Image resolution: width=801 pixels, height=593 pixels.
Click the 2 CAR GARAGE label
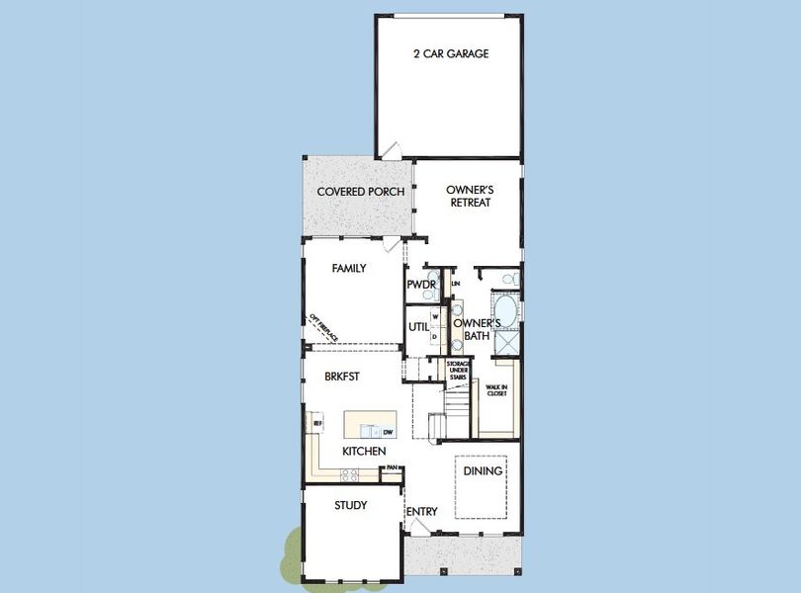(x=450, y=53)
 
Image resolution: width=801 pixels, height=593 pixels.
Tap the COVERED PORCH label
(x=360, y=192)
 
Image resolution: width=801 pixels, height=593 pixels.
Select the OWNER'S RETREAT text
(x=469, y=196)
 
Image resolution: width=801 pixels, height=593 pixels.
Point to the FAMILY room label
(x=349, y=268)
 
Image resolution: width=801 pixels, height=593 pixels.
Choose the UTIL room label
(x=417, y=328)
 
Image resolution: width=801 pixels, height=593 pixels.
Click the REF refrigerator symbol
(x=317, y=423)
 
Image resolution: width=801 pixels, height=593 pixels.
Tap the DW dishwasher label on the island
(x=389, y=433)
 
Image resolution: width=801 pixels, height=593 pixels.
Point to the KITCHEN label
(x=364, y=452)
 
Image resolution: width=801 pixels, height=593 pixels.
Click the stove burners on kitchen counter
(x=350, y=475)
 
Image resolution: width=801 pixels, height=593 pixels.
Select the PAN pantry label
(x=393, y=467)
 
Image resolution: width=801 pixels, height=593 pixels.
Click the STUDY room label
(x=350, y=505)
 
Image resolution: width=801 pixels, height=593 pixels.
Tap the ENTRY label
(x=421, y=511)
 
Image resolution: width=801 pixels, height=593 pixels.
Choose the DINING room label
(x=483, y=471)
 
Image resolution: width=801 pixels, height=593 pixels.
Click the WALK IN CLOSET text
(x=496, y=389)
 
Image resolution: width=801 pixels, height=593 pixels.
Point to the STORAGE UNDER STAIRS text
(x=458, y=370)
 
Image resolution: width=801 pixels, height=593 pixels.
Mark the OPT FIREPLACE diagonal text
(x=324, y=328)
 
